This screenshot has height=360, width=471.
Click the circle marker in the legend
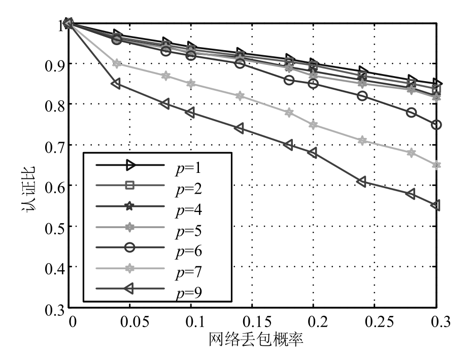coord(129,247)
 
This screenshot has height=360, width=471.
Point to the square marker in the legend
coord(129,186)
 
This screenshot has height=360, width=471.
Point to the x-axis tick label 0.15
coord(252,323)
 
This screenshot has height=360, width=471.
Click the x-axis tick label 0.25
coord(374,323)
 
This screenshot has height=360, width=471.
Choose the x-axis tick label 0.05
coord(129,323)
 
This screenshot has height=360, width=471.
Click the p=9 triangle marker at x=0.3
coord(435,205)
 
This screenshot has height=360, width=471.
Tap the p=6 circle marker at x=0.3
coord(436,125)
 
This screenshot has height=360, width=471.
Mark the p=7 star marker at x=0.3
coord(436,165)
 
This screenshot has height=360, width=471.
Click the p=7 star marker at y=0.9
coord(117,63)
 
